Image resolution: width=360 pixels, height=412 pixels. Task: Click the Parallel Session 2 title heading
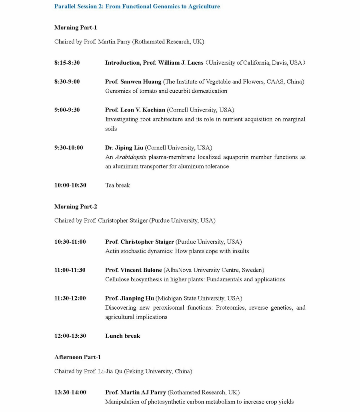[137, 6]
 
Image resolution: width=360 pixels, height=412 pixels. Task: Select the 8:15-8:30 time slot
[67, 63]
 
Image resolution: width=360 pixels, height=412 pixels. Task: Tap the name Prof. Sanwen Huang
[133, 82]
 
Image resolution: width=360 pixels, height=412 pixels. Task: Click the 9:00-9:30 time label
[67, 110]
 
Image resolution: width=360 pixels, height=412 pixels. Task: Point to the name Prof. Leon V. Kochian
[135, 110]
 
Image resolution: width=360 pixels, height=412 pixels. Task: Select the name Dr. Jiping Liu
[124, 148]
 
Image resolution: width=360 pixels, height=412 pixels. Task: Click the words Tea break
[118, 185]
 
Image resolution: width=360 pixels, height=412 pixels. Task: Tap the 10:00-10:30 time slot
[70, 185]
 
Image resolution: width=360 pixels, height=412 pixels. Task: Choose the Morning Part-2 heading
[76, 207]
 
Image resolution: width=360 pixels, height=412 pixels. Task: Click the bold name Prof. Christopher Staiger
[140, 242]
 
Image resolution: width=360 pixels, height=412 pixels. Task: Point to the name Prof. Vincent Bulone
[134, 270]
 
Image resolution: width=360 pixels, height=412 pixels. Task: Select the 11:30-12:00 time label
[70, 299]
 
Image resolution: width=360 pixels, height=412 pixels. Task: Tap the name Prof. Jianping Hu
[130, 299]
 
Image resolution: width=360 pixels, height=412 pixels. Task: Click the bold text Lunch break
[122, 336]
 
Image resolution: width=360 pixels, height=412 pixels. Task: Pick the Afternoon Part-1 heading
[78, 357]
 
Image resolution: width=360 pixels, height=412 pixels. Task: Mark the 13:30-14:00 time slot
[70, 392]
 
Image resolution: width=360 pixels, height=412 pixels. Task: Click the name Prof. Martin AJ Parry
[136, 392]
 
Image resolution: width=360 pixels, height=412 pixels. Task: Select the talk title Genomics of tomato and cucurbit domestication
[166, 91]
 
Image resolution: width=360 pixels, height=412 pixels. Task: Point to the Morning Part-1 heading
[76, 28]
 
